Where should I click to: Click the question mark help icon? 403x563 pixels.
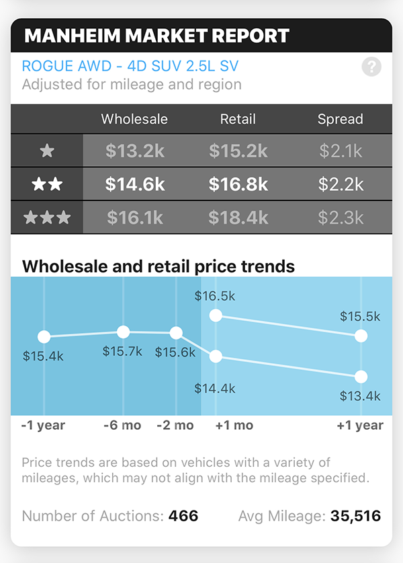coord(371,67)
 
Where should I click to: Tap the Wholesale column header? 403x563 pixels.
coord(134,120)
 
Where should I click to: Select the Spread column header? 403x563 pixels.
coord(340,120)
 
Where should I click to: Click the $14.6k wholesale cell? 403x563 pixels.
coord(135,184)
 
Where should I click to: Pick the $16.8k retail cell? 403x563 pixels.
coord(238,184)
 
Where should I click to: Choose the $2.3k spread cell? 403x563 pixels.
coord(340,217)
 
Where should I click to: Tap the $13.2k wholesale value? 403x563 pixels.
coord(135,151)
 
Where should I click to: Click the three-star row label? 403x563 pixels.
coord(47,217)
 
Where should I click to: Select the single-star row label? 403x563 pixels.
coord(47,151)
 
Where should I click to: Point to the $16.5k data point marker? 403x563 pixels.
coord(216,315)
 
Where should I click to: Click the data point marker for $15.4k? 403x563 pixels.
coord(44,337)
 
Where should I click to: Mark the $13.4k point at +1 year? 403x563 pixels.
coord(361,377)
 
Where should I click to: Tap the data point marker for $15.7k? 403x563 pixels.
coord(123,332)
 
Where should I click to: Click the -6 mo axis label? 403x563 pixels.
coord(123,425)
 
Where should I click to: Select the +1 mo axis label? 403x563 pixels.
coord(234,425)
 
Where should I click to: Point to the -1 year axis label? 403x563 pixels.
coord(43,425)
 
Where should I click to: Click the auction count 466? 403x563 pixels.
coord(183,517)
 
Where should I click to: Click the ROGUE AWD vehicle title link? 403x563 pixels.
coord(130,67)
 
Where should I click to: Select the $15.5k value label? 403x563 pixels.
coord(360,316)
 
